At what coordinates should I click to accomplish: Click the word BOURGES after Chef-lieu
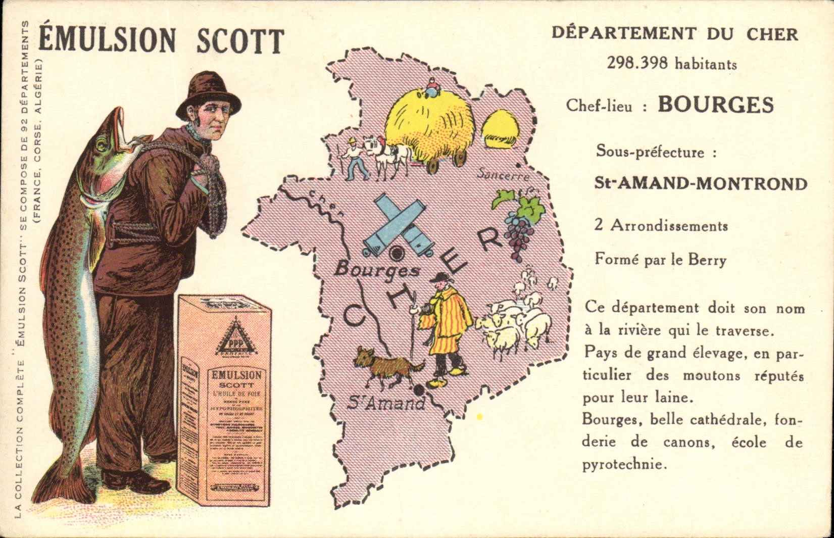click(x=715, y=105)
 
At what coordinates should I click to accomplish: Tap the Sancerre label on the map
click(x=504, y=175)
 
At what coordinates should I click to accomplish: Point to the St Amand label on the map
click(x=386, y=403)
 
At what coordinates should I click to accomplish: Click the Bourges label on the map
click(x=377, y=270)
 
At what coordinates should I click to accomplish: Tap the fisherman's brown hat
click(x=208, y=93)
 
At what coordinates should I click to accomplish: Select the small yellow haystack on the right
click(x=499, y=129)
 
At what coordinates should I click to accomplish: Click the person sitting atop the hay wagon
click(x=433, y=88)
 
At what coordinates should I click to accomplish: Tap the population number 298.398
click(x=637, y=64)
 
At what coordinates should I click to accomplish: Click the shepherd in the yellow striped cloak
click(x=445, y=323)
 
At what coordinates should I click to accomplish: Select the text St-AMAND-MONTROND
click(x=700, y=183)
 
